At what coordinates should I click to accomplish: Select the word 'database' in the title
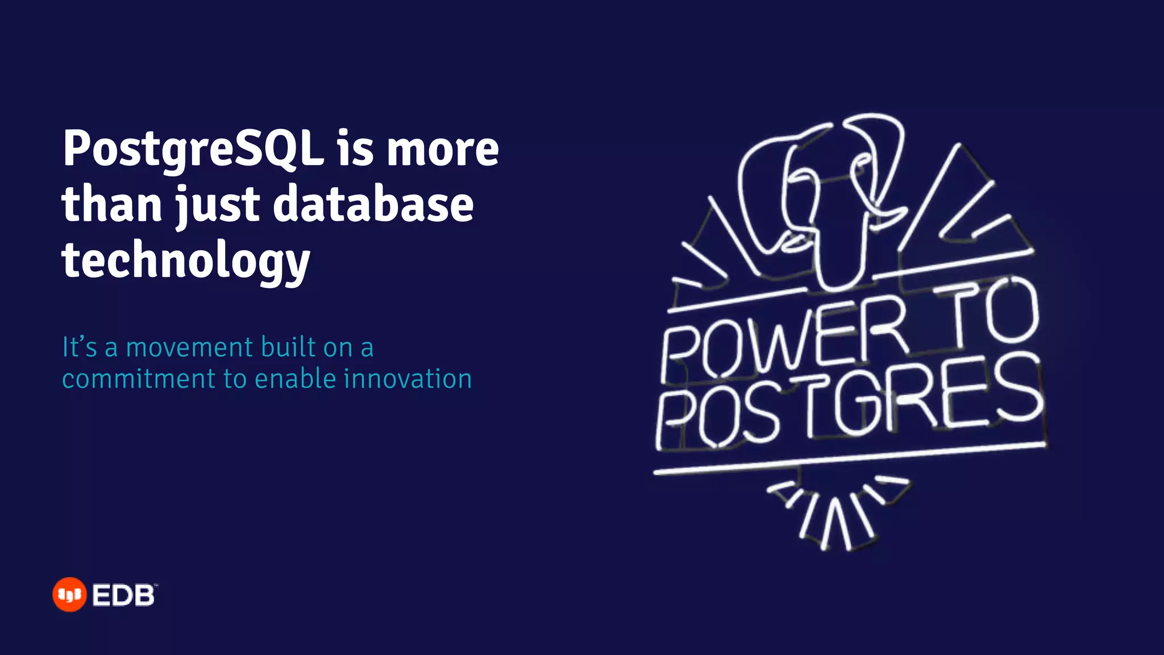(x=373, y=205)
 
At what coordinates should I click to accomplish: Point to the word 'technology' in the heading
(x=186, y=260)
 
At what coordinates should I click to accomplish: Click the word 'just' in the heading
(x=217, y=205)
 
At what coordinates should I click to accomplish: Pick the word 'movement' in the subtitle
(x=189, y=347)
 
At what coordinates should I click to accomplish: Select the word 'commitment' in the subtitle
(x=139, y=379)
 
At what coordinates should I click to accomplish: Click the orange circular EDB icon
(x=69, y=595)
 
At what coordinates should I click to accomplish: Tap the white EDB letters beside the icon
(x=123, y=595)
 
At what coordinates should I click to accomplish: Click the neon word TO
(x=989, y=313)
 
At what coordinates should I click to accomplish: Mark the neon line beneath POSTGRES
(x=850, y=458)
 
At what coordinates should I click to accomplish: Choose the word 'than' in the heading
(x=112, y=205)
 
